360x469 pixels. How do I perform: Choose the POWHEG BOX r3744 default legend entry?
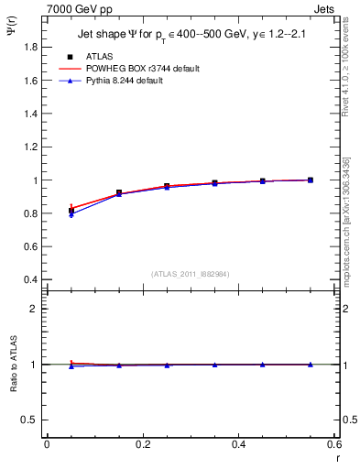coord(127,69)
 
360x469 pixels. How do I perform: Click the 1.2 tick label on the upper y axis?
coord(28,147)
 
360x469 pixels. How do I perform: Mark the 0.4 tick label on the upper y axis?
coord(28,280)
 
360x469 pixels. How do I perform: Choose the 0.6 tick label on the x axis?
coord(333,445)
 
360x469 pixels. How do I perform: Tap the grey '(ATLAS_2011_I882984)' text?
coord(190,274)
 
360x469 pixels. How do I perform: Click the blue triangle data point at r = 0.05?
coord(71,213)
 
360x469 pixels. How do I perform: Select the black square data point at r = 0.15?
coord(119,193)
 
